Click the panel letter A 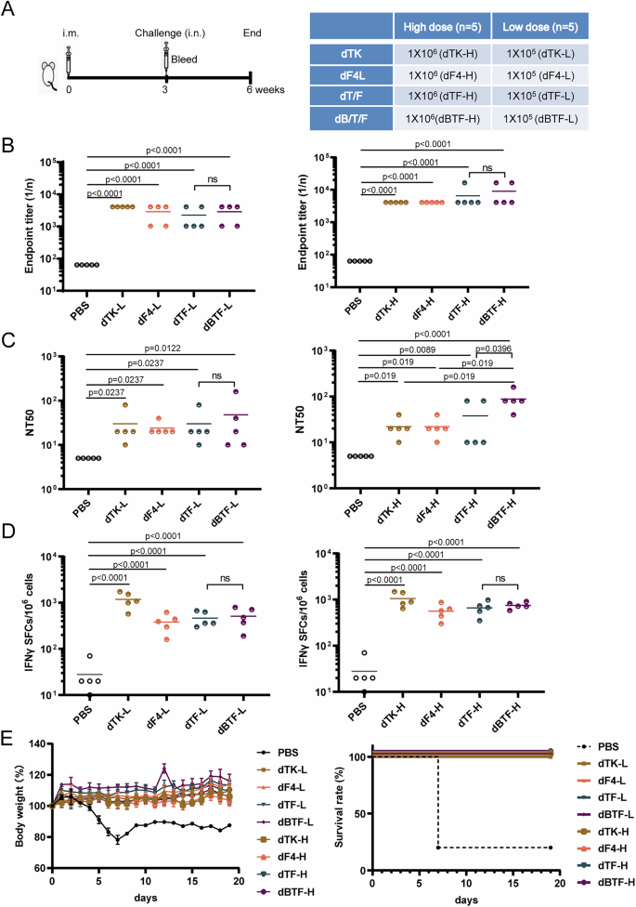[x=9, y=11]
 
